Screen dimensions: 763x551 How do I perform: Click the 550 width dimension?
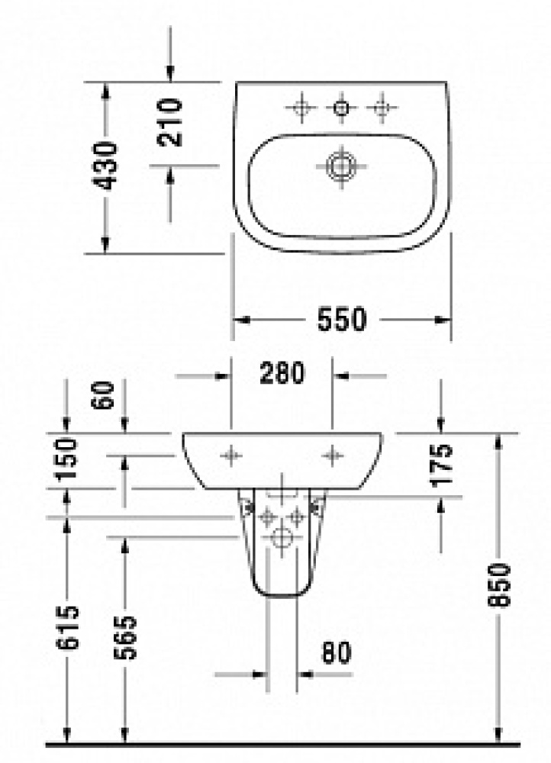pyautogui.click(x=342, y=319)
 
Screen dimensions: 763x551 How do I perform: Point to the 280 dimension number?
pyautogui.click(x=282, y=374)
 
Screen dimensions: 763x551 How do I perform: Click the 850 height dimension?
pyautogui.click(x=498, y=585)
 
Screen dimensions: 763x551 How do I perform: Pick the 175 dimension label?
pyautogui.click(x=442, y=464)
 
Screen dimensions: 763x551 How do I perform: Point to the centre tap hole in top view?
pyautogui.click(x=340, y=108)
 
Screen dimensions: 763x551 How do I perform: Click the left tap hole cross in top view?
pyautogui.click(x=301, y=108)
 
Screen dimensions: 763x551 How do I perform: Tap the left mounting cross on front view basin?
pyautogui.click(x=230, y=456)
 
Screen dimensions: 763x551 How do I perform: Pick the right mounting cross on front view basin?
pyautogui.click(x=331, y=456)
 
